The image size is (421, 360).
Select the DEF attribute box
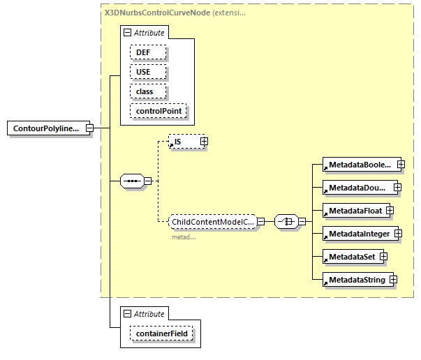pos(147,52)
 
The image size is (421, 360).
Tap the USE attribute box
pos(147,71)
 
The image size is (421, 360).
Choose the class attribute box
pos(147,91)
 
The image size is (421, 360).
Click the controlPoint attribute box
pos(159,110)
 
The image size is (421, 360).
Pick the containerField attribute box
pos(162,334)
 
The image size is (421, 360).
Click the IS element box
pos(184,142)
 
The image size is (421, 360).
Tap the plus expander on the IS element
pos(204,142)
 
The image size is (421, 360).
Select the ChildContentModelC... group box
pos(213,221)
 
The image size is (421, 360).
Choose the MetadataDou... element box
pos(356,187)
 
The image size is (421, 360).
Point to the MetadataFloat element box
pos(353,210)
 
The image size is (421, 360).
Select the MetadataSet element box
pos(349,257)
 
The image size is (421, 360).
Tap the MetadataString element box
pos(354,280)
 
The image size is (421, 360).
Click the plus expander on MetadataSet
pos(383,257)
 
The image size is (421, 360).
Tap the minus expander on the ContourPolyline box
pos(89,128)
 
